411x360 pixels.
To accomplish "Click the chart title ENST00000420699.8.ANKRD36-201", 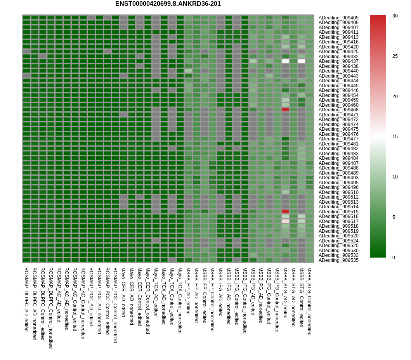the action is coord(168,4).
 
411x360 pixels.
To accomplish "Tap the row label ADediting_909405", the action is coord(338,18).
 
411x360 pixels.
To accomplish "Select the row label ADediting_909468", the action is coord(338,110).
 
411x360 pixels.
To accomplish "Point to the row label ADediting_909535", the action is coord(338,260).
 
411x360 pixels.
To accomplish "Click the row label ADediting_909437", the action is coord(338,61).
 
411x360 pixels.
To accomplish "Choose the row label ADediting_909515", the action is coord(338,212).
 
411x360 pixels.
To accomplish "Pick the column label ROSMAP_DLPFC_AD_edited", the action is coord(26,299).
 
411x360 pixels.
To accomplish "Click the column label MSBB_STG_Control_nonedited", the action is coord(310,301).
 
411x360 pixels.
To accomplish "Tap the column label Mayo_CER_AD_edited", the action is coord(123,292).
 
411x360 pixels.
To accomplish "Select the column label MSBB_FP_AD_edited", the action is coord(188,291).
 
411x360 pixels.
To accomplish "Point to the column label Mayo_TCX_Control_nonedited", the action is coord(180,300).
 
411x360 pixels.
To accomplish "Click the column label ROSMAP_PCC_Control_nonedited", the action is coord(115,305).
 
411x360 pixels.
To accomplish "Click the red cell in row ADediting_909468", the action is coord(285,109).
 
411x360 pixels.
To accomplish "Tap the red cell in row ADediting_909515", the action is coord(285,211).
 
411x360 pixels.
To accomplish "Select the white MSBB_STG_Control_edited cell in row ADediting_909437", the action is coord(302,61).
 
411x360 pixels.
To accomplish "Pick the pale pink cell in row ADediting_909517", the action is coord(285,221).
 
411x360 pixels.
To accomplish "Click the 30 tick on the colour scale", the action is coord(395,16).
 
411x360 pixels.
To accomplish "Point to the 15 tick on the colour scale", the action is coord(395,137).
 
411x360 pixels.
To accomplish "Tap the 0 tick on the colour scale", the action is coord(394,258).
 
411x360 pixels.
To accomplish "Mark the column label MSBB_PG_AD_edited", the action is coord(253,291).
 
